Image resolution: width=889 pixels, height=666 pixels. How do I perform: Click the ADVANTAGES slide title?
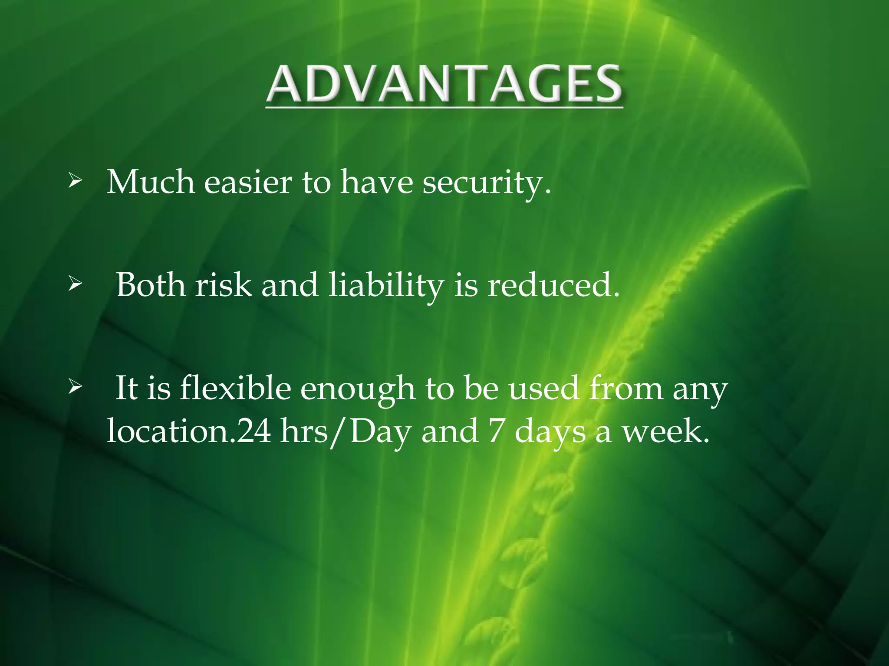click(444, 85)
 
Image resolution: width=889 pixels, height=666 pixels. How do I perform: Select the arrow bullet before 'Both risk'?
click(75, 285)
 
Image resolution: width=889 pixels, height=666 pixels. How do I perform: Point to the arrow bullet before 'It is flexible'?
click(75, 387)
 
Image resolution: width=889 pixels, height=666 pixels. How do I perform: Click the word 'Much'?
click(151, 182)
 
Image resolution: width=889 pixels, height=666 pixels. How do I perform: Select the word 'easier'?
click(248, 183)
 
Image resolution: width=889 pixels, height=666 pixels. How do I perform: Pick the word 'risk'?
click(223, 285)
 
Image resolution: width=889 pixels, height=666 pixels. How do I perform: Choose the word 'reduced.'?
click(553, 285)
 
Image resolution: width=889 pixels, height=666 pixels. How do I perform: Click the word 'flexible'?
click(235, 388)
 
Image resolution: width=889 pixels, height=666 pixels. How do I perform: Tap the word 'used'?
click(543, 388)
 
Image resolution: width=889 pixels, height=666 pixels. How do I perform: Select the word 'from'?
click(626, 388)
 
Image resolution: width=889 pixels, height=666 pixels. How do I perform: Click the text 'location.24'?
click(189, 431)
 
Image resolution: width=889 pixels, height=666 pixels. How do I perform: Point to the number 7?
click(495, 431)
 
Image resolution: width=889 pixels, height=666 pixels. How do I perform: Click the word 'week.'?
click(666, 431)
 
